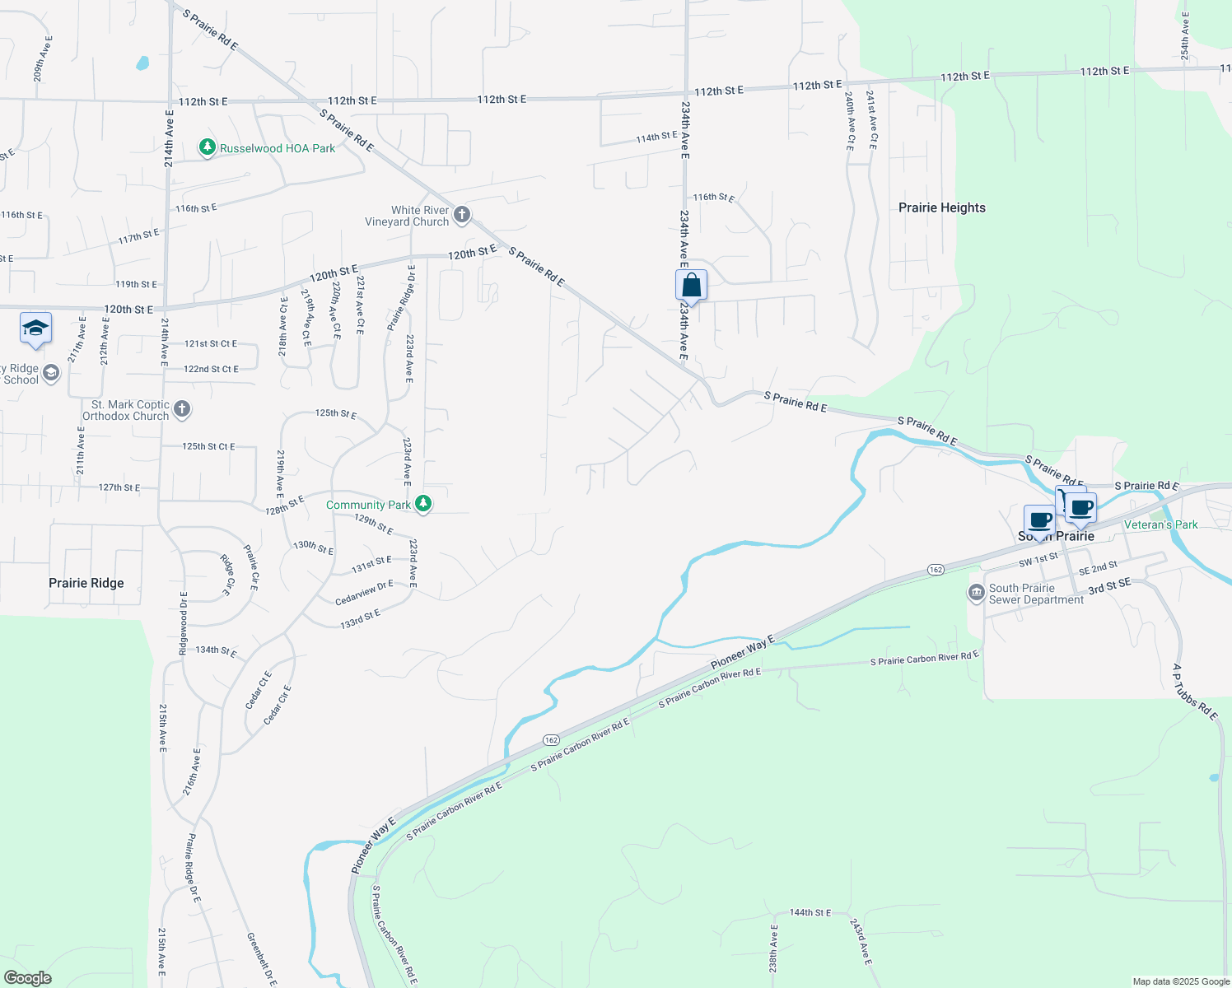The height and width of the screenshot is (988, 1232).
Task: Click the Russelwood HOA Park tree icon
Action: click(x=208, y=147)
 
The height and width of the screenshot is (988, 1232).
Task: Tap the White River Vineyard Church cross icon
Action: click(x=462, y=216)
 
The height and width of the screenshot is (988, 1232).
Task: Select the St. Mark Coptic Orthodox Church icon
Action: click(x=182, y=409)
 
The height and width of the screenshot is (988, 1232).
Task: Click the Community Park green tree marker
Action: click(x=423, y=504)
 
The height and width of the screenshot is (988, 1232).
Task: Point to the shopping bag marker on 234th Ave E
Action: click(x=692, y=286)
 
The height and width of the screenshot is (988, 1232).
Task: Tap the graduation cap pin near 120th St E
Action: click(x=35, y=329)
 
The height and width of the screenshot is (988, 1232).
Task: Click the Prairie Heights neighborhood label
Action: click(x=941, y=207)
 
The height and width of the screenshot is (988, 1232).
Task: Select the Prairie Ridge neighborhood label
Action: click(x=86, y=583)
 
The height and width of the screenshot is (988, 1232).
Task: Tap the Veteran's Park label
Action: click(x=1160, y=524)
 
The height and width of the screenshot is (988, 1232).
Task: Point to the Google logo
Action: click(x=28, y=978)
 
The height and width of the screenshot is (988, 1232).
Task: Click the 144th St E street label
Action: click(x=810, y=912)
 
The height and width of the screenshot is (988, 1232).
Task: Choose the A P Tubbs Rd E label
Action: click(x=1195, y=692)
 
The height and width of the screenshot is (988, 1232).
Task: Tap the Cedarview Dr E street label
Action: click(x=365, y=593)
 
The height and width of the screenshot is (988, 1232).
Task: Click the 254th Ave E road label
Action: click(x=1185, y=37)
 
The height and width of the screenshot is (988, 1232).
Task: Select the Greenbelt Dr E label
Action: click(x=262, y=959)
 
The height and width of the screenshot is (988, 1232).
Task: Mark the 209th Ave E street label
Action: click(x=43, y=58)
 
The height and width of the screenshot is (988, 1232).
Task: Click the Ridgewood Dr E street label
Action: click(x=184, y=623)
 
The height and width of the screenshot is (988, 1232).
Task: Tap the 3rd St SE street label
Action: click(x=1109, y=587)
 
